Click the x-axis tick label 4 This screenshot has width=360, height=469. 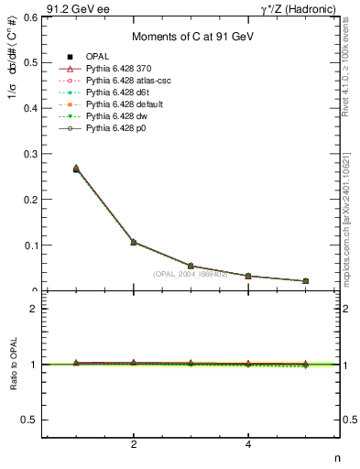tap(248, 445)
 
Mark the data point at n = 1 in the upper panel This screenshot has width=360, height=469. tap(76, 169)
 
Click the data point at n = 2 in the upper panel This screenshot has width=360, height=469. tap(134, 242)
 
